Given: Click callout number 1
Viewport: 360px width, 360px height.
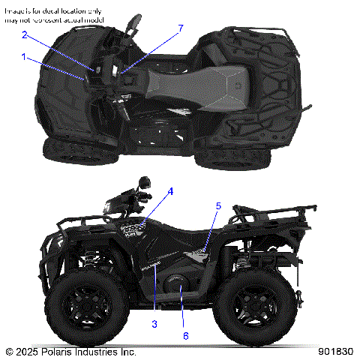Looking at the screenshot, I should tap(24, 57).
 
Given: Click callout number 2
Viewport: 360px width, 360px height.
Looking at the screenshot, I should tap(24, 35).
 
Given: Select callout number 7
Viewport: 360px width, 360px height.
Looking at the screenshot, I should tap(180, 28).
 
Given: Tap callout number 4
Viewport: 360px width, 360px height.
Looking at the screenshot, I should tap(171, 191).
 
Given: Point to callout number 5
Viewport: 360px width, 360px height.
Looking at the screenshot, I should tap(219, 205).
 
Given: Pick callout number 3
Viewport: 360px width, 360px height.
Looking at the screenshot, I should tap(154, 323).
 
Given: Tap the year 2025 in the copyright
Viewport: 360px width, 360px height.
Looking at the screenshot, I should tap(28, 351).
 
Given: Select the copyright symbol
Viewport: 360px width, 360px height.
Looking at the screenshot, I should tap(9, 351).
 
